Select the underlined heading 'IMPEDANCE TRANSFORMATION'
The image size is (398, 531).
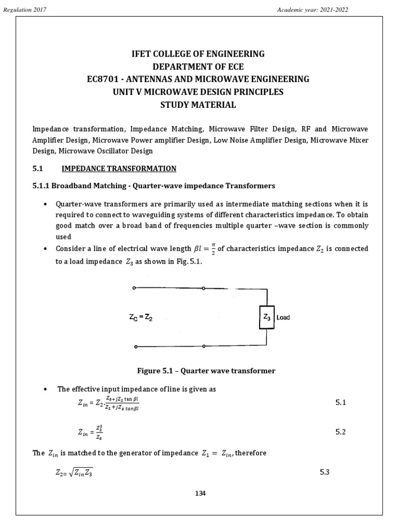point(119,169)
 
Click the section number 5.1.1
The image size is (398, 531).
point(42,186)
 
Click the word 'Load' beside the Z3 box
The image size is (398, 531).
point(283,317)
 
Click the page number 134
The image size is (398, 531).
point(200,493)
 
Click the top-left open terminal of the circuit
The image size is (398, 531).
point(135,287)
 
